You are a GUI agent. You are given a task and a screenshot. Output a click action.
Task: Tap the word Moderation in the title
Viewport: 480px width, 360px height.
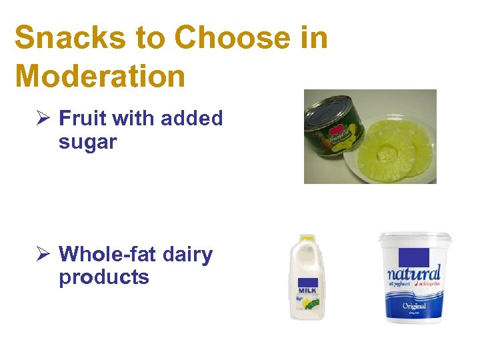[100, 76]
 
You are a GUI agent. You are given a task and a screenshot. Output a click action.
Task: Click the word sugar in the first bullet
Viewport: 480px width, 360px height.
[87, 142]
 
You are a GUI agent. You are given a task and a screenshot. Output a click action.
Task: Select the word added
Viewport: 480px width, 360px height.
[191, 119]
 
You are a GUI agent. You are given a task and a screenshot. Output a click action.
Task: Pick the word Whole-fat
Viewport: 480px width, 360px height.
[106, 254]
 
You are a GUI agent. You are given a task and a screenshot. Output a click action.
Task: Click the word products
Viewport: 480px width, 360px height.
[104, 277]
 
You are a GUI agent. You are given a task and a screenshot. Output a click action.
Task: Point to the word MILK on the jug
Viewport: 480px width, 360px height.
[307, 291]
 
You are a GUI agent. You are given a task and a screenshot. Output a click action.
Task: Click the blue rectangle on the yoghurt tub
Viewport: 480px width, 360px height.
[413, 257]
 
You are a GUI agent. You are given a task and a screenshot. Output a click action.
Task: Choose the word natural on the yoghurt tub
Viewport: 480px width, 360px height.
[414, 273]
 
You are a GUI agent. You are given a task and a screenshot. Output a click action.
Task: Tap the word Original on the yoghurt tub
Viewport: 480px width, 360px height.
[414, 306]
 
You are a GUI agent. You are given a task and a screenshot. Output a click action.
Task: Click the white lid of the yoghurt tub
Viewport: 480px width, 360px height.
[415, 237]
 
